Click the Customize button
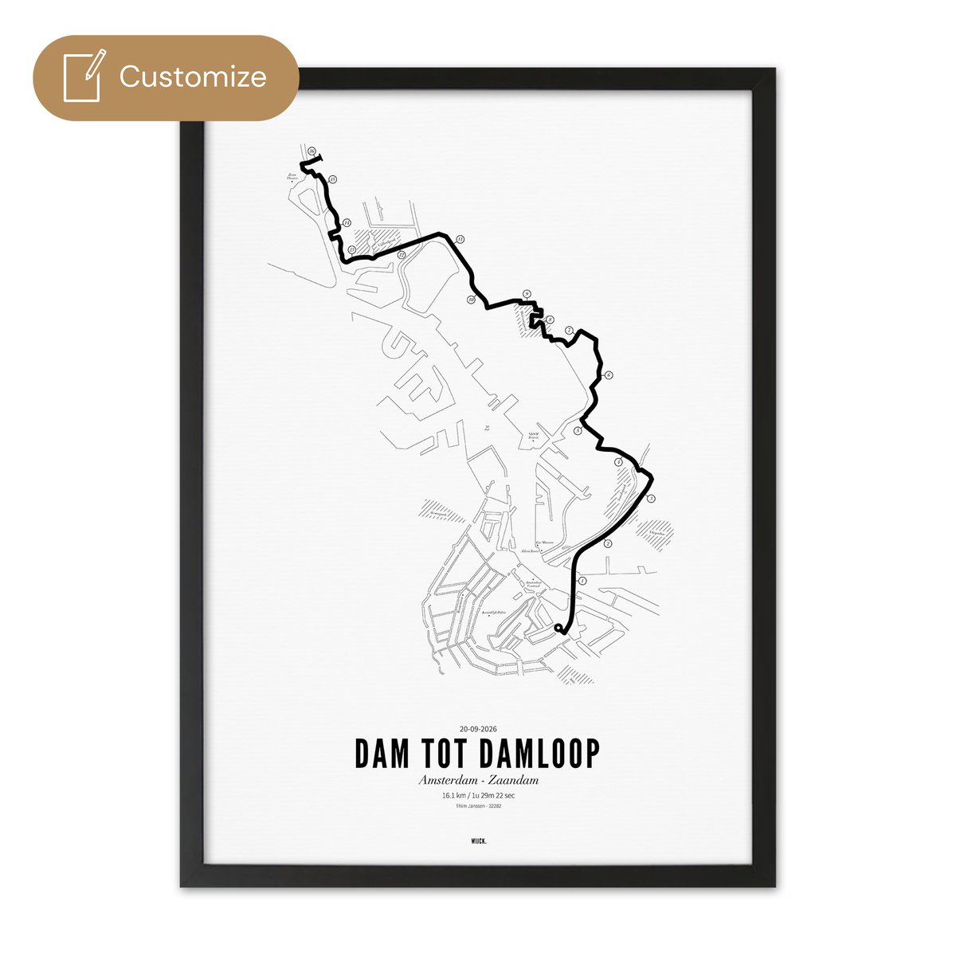(166, 77)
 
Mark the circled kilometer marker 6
(608, 375)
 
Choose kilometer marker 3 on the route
(651, 500)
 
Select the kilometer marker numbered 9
(527, 295)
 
